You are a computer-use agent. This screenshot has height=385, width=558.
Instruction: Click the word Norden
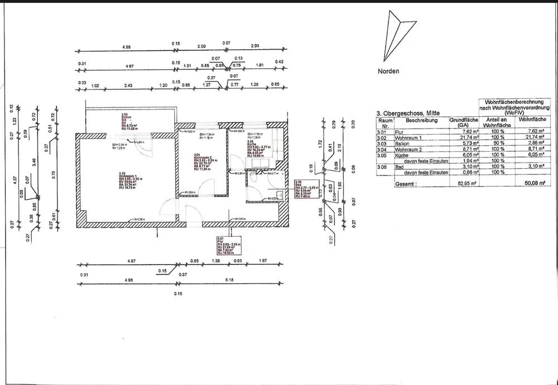[x=389, y=72]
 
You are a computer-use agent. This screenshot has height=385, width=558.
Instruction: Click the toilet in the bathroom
[x=254, y=178]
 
